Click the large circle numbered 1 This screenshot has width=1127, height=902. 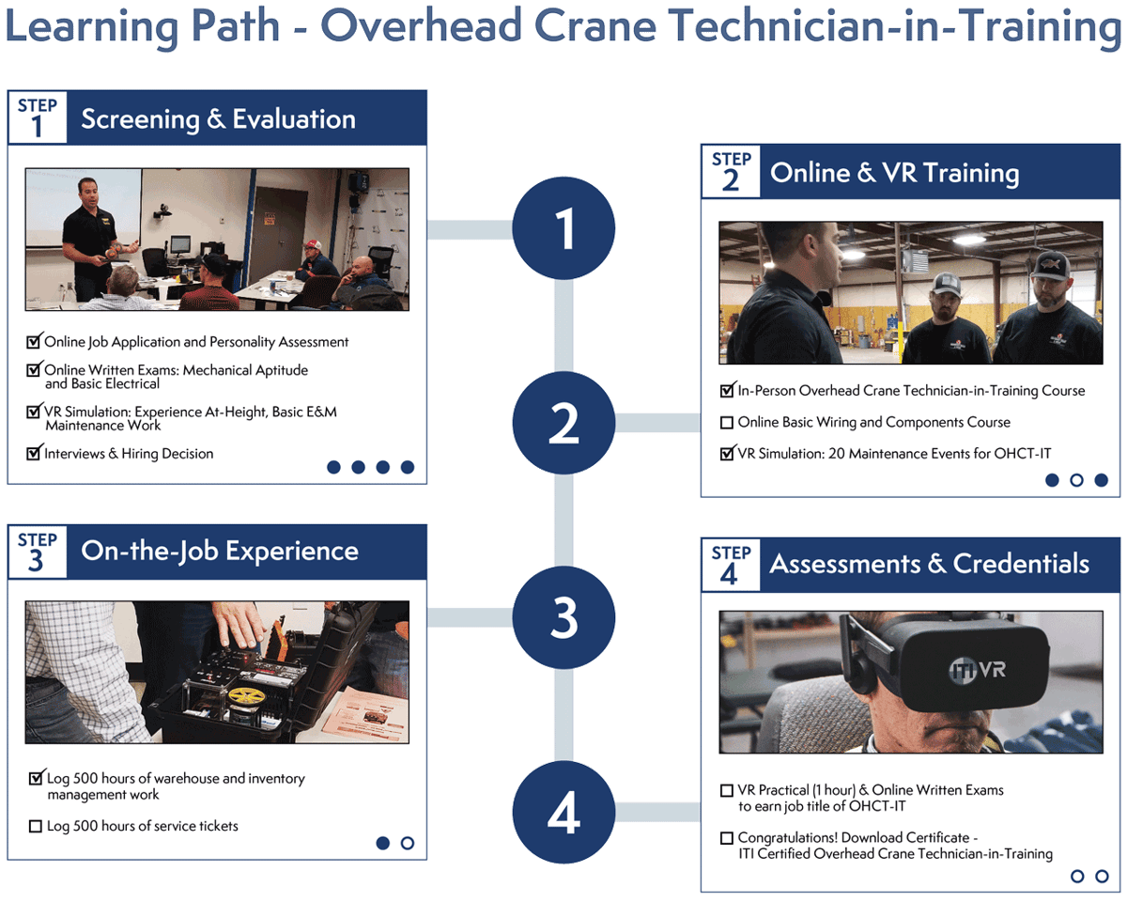(563, 228)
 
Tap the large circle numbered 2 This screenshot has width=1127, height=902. (563, 423)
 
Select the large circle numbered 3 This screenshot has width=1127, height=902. (563, 617)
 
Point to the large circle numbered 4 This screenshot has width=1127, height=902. (563, 813)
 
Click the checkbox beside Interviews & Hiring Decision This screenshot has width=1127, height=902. (35, 454)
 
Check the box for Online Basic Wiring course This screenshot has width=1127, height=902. (726, 423)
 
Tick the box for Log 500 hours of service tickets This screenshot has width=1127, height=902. (36, 827)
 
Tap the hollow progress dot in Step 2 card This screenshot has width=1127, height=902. (1076, 480)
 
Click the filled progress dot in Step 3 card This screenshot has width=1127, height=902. (383, 843)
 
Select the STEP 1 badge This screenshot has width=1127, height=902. (38, 117)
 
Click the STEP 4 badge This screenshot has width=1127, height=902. (730, 565)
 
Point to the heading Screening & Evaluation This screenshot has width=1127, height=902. (218, 119)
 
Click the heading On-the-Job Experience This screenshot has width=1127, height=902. (220, 551)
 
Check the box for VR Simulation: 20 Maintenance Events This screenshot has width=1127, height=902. (726, 454)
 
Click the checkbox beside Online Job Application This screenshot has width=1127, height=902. (35, 342)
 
